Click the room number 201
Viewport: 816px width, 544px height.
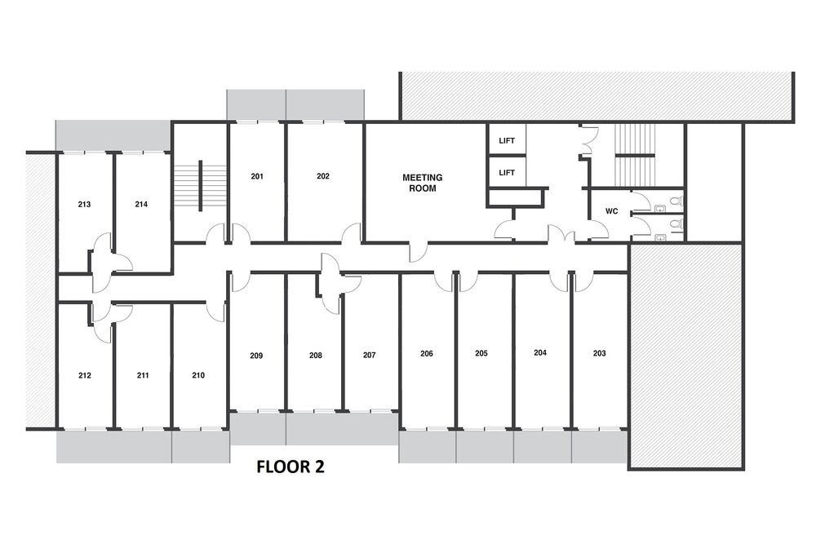tap(257, 176)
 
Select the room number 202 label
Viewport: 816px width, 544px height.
tap(323, 176)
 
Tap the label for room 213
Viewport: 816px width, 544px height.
tap(84, 205)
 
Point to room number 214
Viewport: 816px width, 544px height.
tap(141, 205)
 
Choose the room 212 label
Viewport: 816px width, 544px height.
tap(85, 375)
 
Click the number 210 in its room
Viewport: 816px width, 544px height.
tap(198, 375)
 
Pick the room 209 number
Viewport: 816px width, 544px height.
tap(256, 356)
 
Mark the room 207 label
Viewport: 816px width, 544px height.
tap(370, 356)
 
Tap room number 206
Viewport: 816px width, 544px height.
tap(427, 354)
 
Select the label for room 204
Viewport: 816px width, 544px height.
tap(540, 352)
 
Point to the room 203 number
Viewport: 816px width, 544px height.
tap(600, 353)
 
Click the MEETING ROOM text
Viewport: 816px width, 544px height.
tap(423, 183)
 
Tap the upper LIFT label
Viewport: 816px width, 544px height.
tap(507, 141)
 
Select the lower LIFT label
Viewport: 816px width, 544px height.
tap(507, 173)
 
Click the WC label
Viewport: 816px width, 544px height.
tap(612, 211)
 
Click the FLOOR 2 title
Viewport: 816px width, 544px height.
tap(290, 467)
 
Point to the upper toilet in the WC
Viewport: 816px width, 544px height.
tap(676, 201)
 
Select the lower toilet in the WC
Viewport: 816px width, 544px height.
tap(676, 224)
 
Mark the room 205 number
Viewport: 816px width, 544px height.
tap(481, 354)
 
